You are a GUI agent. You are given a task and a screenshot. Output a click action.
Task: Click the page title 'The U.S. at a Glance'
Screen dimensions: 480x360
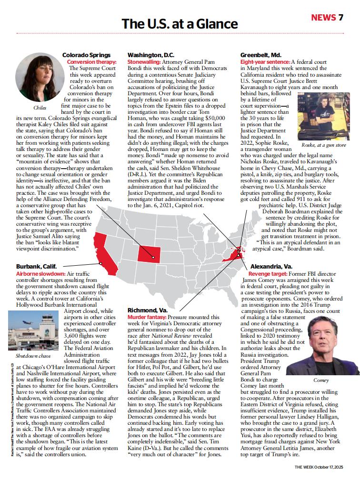[180, 23]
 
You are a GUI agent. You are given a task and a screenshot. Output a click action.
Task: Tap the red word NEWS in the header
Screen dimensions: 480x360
[323, 18]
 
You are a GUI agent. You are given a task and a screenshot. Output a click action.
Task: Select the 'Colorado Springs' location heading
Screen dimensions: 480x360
[86, 55]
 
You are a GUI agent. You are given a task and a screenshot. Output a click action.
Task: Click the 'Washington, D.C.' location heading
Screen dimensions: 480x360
[151, 55]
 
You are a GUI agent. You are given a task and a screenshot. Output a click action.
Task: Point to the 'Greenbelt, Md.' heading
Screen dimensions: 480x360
[260, 55]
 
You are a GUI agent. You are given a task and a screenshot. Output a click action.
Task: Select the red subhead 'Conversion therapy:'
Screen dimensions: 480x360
[91, 62]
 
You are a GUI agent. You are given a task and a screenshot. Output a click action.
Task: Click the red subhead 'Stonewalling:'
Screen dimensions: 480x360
[144, 62]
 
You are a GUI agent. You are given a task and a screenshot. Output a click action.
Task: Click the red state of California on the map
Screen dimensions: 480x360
[104, 254]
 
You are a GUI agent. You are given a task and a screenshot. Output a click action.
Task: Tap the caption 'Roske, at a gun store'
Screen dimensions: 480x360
[324, 144]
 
